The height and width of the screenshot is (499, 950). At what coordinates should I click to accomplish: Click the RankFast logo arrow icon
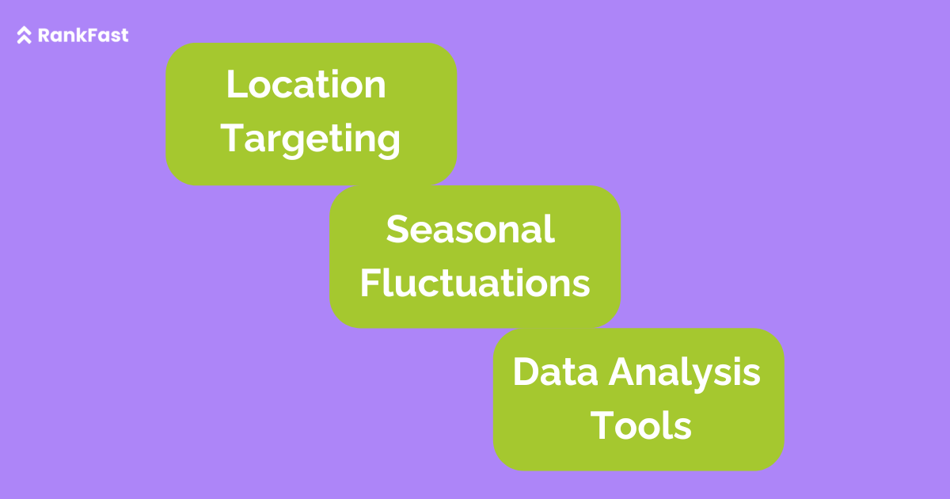pyautogui.click(x=25, y=35)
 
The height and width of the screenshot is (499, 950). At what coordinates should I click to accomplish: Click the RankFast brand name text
pyautogui.click(x=83, y=35)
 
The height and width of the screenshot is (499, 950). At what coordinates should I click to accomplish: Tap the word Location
pyautogui.click(x=306, y=84)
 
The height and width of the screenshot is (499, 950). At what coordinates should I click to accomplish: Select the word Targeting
pyautogui.click(x=310, y=139)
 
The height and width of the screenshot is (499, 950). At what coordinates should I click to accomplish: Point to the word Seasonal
pyautogui.click(x=470, y=229)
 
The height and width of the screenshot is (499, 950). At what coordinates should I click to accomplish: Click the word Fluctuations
pyautogui.click(x=475, y=282)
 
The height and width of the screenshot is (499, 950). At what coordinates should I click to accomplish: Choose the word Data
pyautogui.click(x=555, y=371)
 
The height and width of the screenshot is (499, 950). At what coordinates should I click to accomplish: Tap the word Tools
pyautogui.click(x=640, y=425)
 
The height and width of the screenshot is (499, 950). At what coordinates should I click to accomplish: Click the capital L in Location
pyautogui.click(x=237, y=84)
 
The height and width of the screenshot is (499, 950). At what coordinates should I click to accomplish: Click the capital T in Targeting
pyautogui.click(x=233, y=138)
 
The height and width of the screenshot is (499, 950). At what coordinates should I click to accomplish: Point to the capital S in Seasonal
pyautogui.click(x=397, y=229)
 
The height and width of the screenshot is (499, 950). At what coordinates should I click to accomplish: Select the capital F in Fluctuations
pyautogui.click(x=370, y=283)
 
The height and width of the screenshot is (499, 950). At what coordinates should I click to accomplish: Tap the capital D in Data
pyautogui.click(x=526, y=371)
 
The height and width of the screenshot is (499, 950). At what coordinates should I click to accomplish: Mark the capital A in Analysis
pyautogui.click(x=623, y=371)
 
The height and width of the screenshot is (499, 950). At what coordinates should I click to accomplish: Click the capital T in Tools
pyautogui.click(x=602, y=425)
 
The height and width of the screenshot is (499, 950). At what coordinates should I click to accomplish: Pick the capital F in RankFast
pyautogui.click(x=85, y=35)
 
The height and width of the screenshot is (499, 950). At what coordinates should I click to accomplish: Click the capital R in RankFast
pyautogui.click(x=44, y=35)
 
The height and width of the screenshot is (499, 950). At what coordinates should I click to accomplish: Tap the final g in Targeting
pyautogui.click(x=388, y=144)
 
